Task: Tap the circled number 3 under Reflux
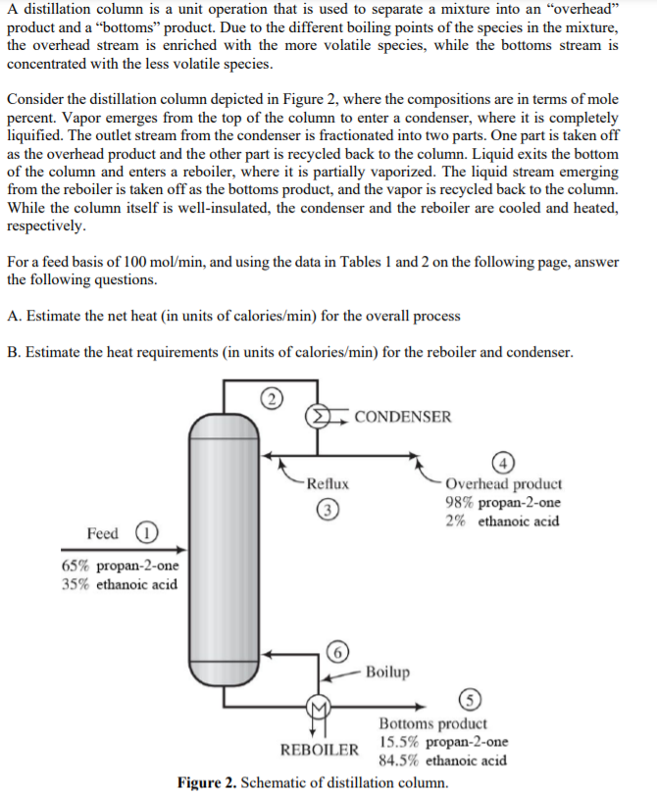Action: pyautogui.click(x=326, y=509)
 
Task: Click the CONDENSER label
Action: pyautogui.click(x=403, y=417)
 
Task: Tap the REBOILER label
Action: pyautogui.click(x=320, y=750)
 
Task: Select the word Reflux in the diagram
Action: pyautogui.click(x=327, y=484)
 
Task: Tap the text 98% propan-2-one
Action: pyautogui.click(x=503, y=503)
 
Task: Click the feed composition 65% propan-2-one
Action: pyautogui.click(x=120, y=567)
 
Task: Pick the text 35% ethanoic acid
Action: pyautogui.click(x=119, y=584)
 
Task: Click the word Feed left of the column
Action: pyautogui.click(x=103, y=533)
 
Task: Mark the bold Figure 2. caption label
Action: pyautogui.click(x=207, y=782)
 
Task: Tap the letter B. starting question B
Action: pyautogui.click(x=14, y=352)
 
